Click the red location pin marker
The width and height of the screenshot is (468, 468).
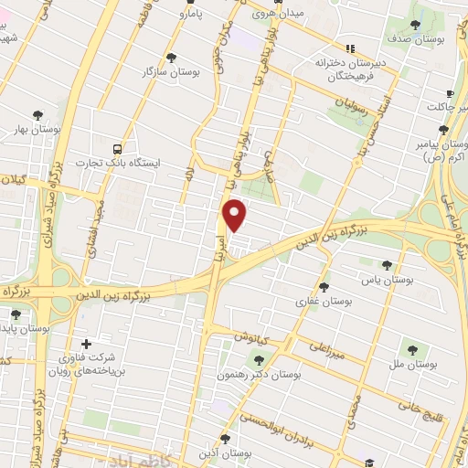pos(236,215)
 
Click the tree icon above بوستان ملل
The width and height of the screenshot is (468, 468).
pos(411,348)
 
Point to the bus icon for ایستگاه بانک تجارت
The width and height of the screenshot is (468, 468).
pos(117,147)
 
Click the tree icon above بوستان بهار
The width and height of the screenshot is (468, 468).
pos(37,115)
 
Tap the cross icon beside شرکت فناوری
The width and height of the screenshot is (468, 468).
pos(87,345)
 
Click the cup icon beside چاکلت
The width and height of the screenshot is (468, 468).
pos(449,95)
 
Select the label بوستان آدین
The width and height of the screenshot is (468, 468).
pos(229,452)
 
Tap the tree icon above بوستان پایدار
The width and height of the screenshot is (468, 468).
pos(16,314)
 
